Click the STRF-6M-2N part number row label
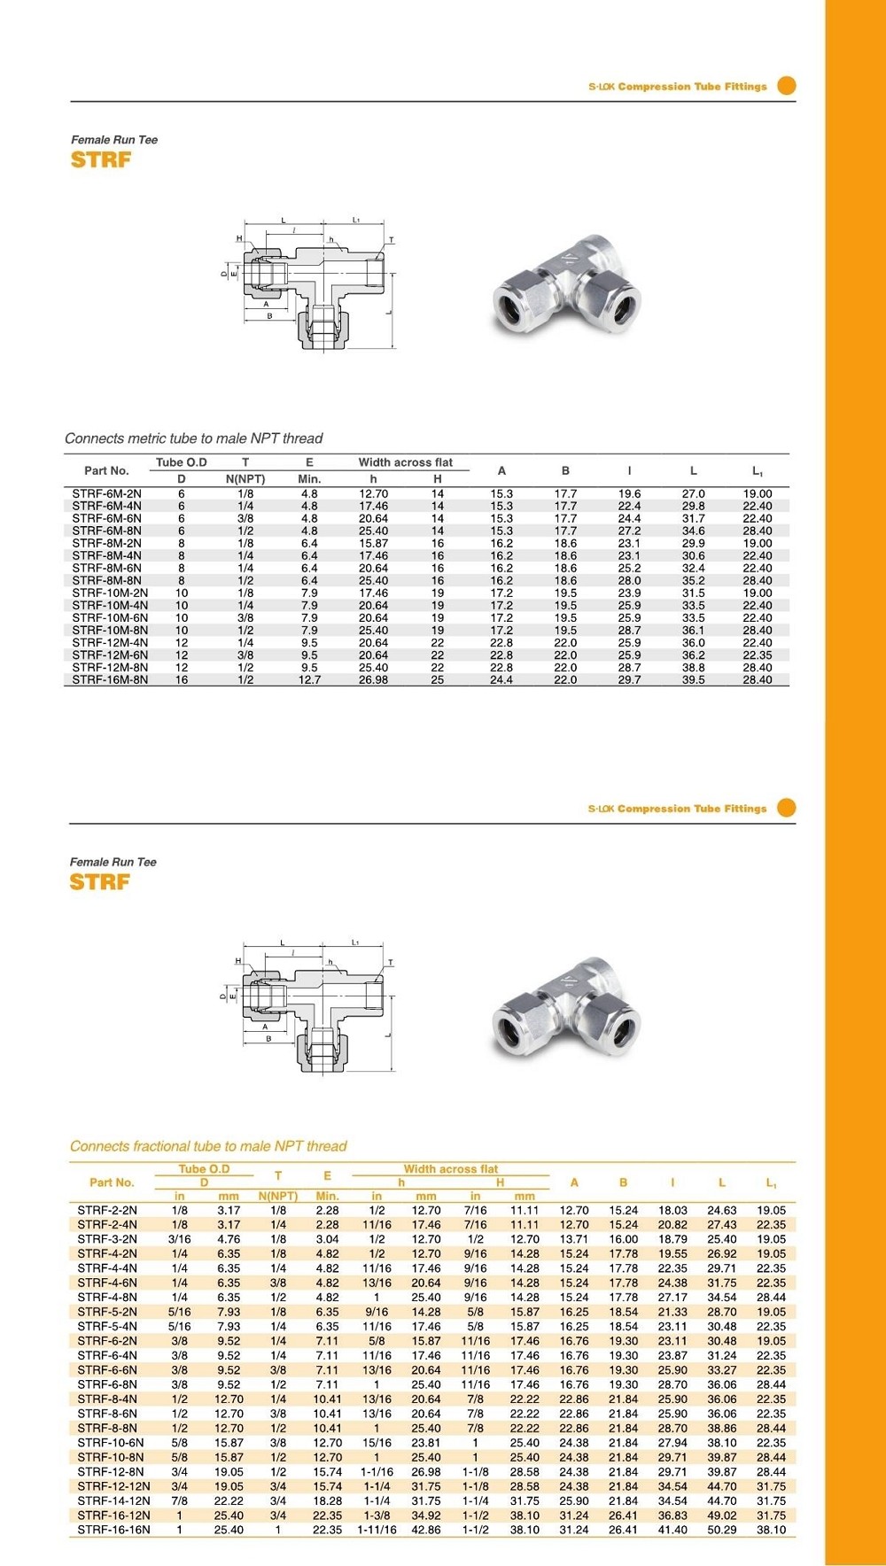point(106,494)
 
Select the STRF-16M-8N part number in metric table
point(110,680)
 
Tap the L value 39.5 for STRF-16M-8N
point(693,680)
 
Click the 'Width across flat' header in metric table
point(405,462)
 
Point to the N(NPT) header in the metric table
point(245,479)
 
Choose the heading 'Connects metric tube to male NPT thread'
point(193,438)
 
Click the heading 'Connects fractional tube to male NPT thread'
point(208,1146)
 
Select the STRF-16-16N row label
point(113,1530)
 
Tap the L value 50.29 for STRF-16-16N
point(721,1530)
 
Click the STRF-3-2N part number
point(107,1239)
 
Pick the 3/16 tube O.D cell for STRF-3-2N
point(179,1239)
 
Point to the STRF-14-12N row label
point(113,1501)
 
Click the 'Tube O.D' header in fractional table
point(204,1169)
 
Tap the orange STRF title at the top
point(101,160)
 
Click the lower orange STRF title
point(100,882)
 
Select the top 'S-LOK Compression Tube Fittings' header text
point(677,87)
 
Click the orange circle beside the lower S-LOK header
point(786,808)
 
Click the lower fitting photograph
point(566,1008)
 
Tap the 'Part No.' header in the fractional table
point(112,1182)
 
